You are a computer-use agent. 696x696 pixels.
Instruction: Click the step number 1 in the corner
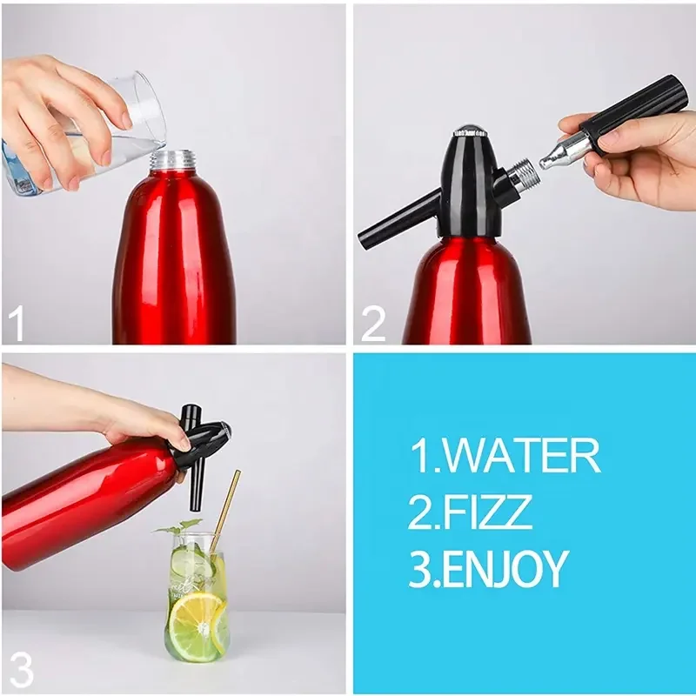click(16, 325)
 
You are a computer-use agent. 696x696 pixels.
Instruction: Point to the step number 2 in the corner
click(372, 325)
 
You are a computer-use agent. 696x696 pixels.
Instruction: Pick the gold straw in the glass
click(224, 513)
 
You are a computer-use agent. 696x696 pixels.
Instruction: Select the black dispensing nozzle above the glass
click(197, 492)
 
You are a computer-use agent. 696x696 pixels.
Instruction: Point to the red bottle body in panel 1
click(174, 261)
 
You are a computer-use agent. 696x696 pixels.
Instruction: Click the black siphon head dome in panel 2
click(471, 174)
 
